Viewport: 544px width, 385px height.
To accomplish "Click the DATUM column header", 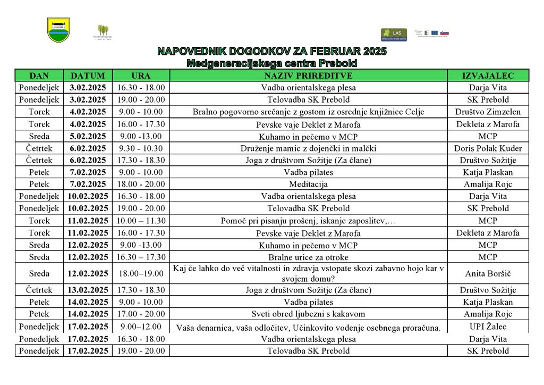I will click(88, 76).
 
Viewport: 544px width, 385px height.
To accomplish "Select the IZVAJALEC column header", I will click(488, 76).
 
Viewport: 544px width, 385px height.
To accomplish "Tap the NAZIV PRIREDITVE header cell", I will click(308, 76).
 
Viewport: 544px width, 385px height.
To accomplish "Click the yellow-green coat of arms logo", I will click(58, 30).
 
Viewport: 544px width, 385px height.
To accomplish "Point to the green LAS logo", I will click(394, 35).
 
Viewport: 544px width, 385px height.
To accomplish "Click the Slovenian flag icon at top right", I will click(445, 33).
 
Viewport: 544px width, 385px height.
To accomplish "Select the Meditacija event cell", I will click(308, 185).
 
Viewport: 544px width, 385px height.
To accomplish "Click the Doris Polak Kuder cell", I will click(488, 148).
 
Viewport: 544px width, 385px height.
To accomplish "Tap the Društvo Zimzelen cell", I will click(488, 112).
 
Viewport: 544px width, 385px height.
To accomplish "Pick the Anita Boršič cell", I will click(488, 274).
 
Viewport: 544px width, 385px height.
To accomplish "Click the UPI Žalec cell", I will click(488, 327).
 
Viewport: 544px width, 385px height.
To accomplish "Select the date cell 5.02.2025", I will click(88, 136).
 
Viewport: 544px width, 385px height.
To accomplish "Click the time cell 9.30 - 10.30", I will click(141, 148).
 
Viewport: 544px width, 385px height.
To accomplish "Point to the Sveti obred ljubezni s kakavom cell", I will click(308, 314).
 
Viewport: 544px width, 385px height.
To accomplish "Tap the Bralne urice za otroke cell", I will click(308, 257).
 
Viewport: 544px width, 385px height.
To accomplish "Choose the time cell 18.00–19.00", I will click(141, 274).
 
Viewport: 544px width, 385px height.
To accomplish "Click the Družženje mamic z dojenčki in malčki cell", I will click(308, 148).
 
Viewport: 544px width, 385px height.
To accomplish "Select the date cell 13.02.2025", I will click(88, 290).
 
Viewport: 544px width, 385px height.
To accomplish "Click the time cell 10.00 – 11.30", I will click(141, 221).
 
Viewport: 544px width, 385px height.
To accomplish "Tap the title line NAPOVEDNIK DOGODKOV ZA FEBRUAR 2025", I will click(272, 52).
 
